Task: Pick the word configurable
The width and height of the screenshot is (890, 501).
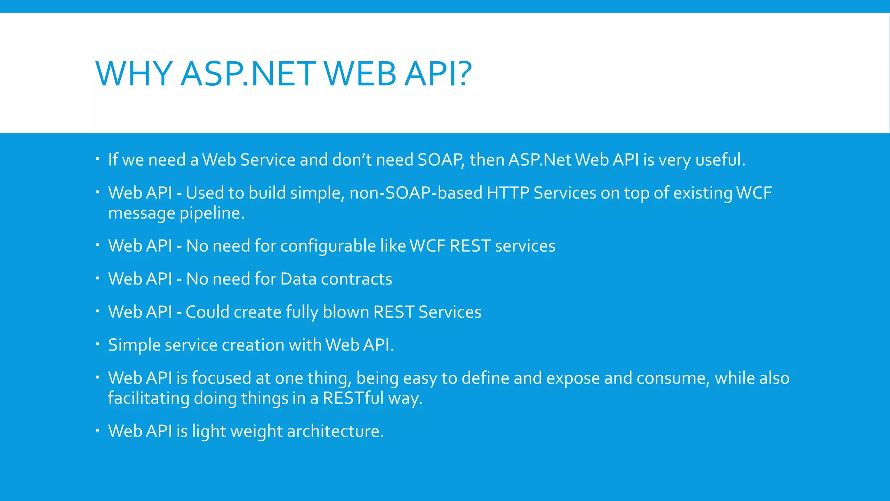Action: point(328,247)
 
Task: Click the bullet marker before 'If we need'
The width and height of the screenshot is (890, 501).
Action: point(98,158)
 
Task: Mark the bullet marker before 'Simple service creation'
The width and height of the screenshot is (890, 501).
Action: point(98,344)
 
